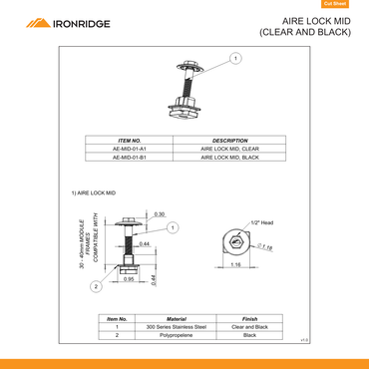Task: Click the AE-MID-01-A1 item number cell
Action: click(x=130, y=149)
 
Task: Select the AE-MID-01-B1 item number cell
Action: click(x=130, y=158)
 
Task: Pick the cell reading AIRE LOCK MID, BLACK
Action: click(x=230, y=158)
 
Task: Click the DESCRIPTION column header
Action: click(x=230, y=141)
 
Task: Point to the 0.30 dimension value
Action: click(x=160, y=214)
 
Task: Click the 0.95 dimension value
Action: click(x=129, y=279)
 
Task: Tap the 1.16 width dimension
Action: click(x=235, y=265)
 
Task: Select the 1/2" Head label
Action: click(x=262, y=222)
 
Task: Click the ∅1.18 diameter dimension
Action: click(x=265, y=246)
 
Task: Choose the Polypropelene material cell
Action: click(x=176, y=335)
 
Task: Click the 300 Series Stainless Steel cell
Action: click(x=176, y=326)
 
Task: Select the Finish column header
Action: click(x=250, y=317)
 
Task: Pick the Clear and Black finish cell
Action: click(x=250, y=326)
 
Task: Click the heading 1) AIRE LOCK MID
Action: click(x=94, y=191)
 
